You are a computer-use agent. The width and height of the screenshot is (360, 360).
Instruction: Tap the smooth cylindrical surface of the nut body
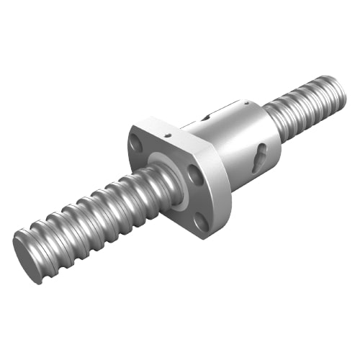[x=238, y=144]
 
